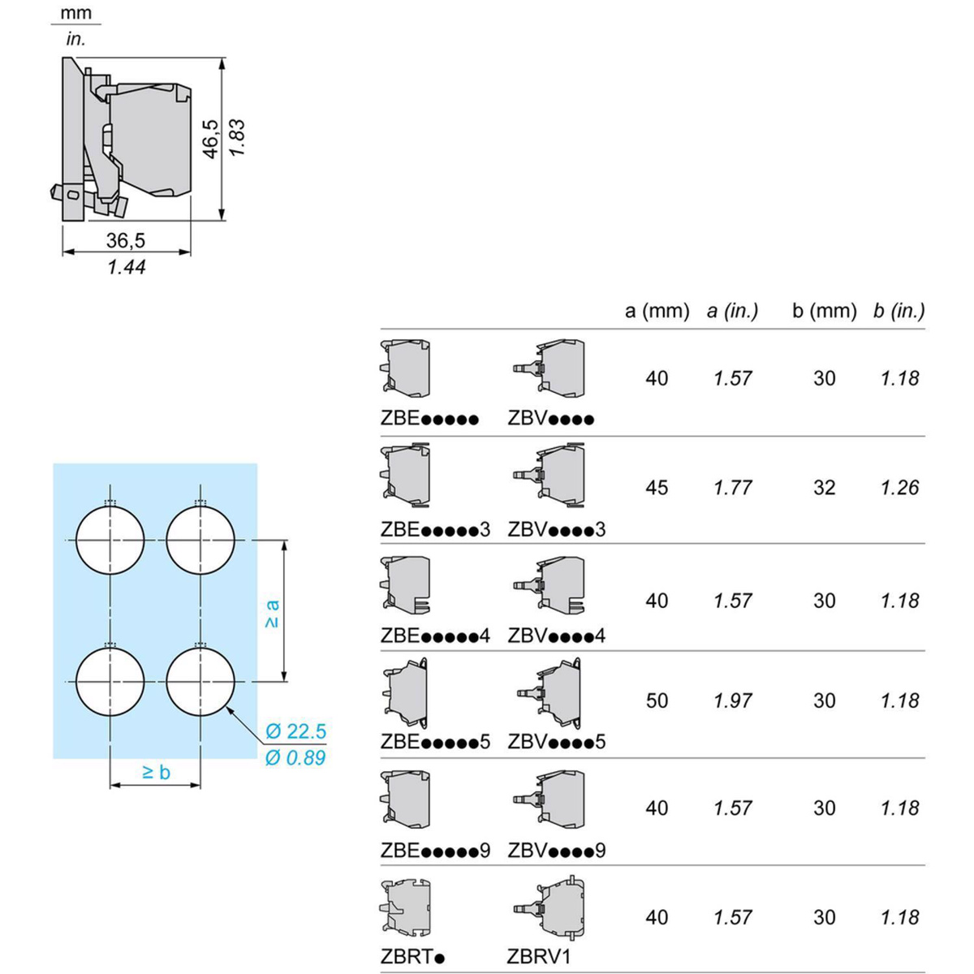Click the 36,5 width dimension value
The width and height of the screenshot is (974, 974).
(126, 240)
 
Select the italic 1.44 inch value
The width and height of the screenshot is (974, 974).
(127, 267)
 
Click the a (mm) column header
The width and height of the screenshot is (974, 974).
(657, 310)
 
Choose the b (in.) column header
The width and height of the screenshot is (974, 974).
(899, 310)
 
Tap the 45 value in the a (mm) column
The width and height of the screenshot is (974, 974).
(657, 488)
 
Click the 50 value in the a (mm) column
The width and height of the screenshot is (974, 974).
(657, 700)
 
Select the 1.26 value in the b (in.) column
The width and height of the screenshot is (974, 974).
(899, 488)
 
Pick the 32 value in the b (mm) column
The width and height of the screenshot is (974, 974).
(824, 488)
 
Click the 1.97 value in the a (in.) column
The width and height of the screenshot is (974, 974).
(733, 700)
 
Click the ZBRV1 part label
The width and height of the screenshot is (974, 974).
(539, 957)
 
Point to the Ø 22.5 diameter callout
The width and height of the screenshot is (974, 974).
(295, 731)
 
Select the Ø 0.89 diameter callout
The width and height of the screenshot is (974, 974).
(295, 758)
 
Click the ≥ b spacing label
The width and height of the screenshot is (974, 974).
(156, 772)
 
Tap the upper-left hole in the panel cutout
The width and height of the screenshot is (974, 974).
(110, 539)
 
